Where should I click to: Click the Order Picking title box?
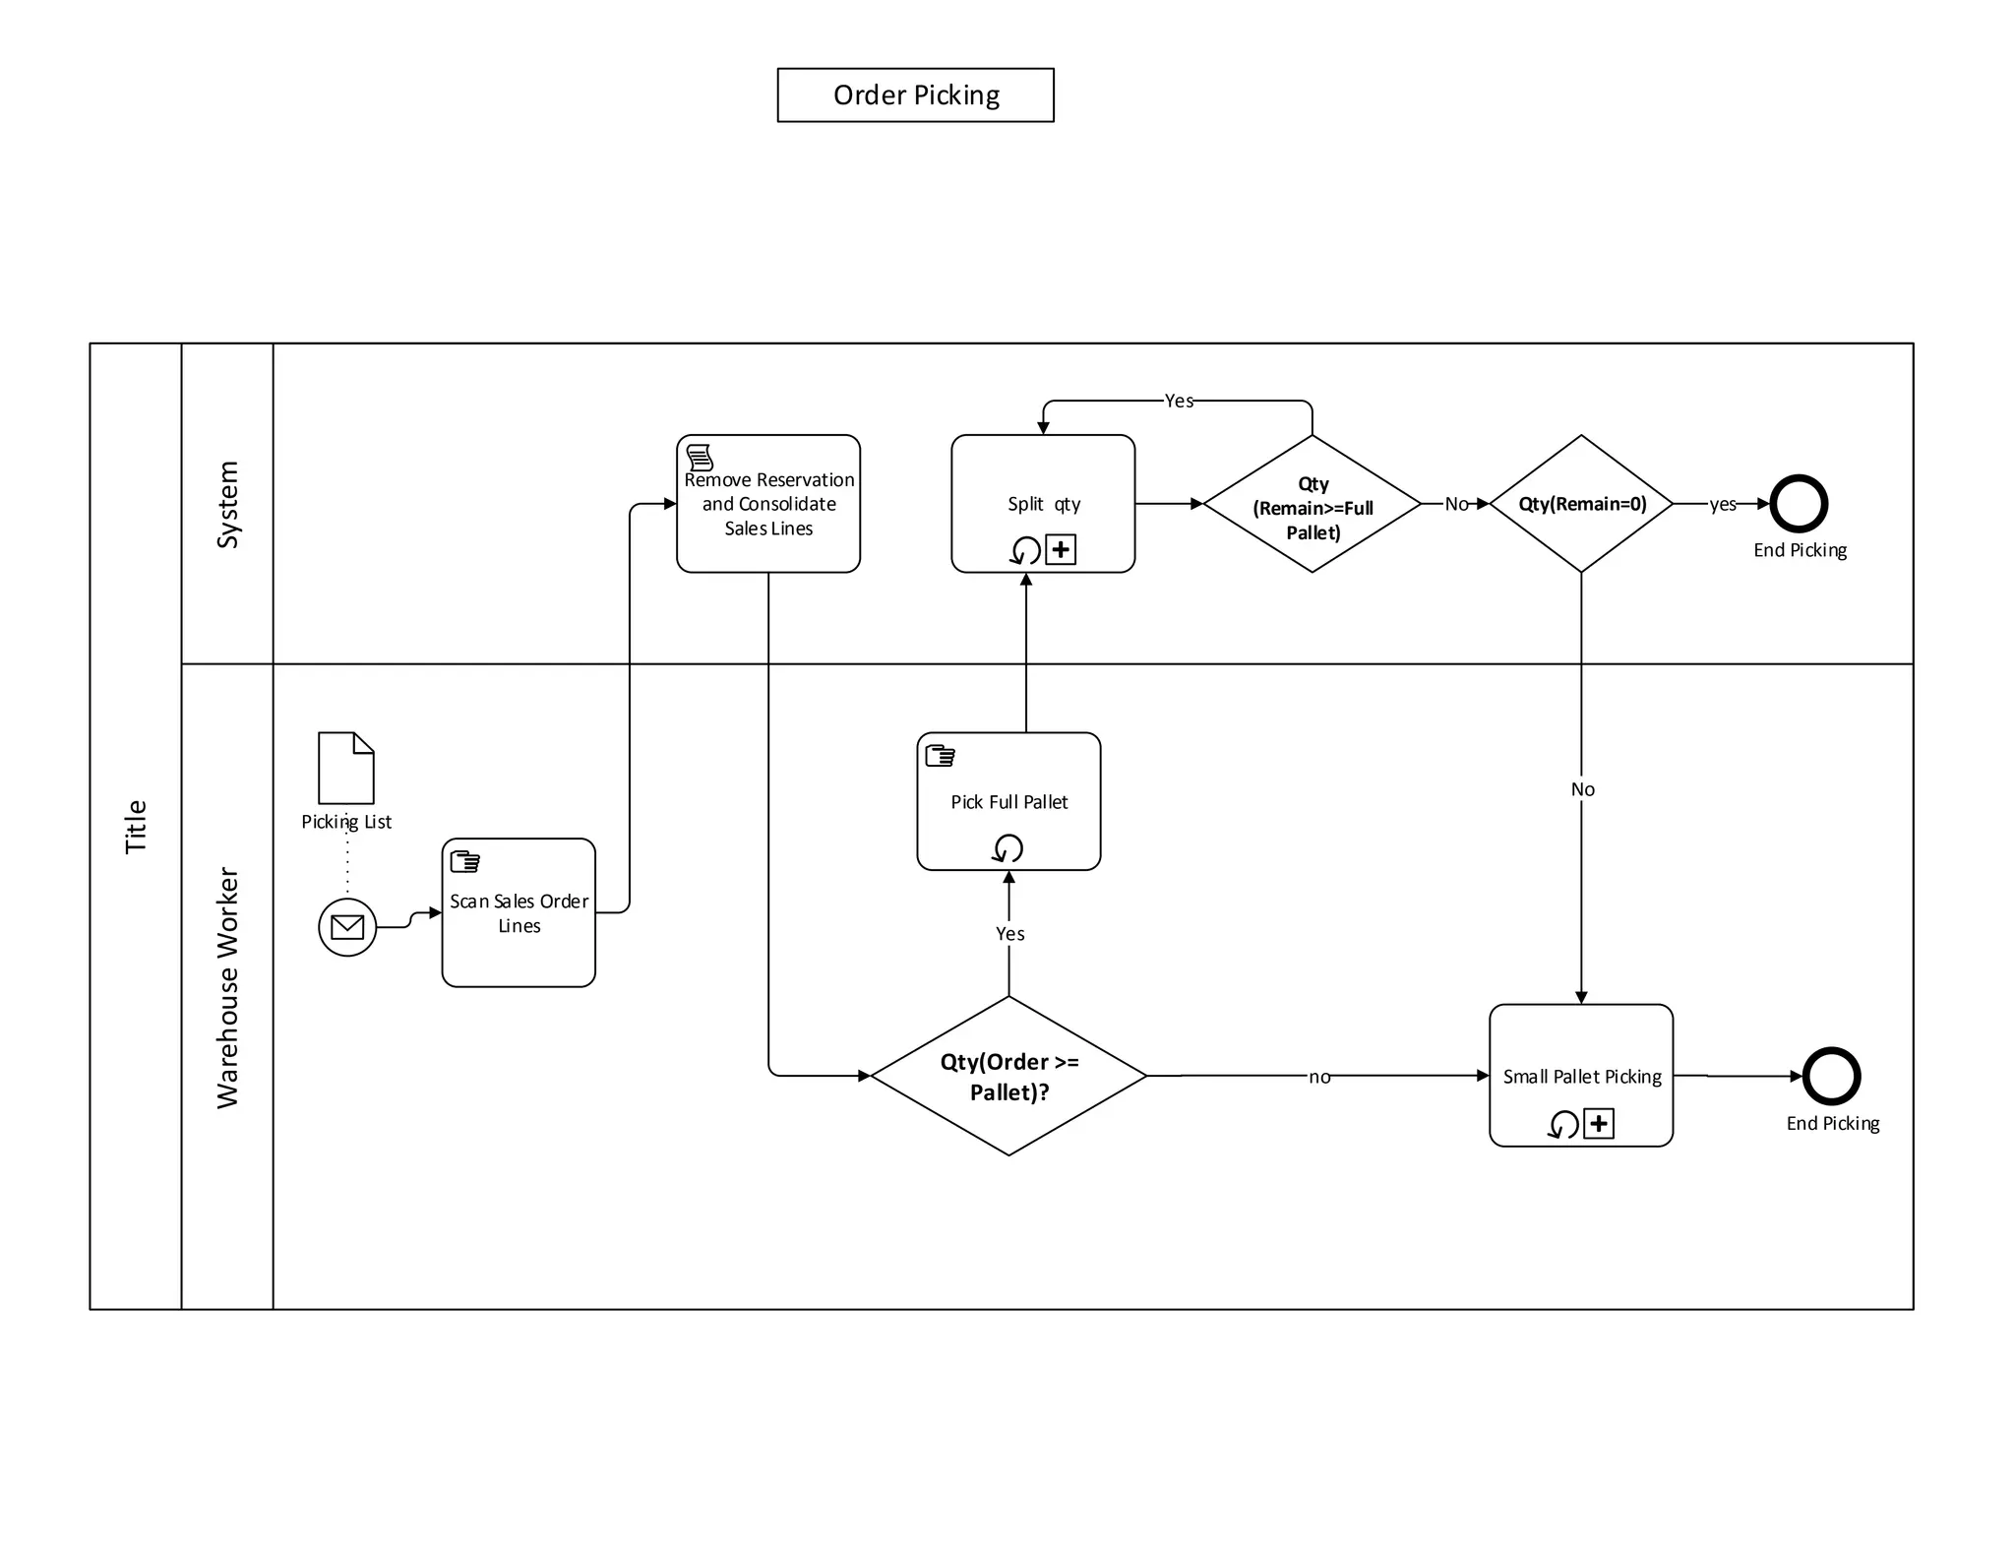click(x=915, y=95)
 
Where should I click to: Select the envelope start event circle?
click(x=347, y=926)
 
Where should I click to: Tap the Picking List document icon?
click(x=346, y=768)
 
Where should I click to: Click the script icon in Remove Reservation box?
click(x=700, y=457)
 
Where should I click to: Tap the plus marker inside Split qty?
click(x=1061, y=549)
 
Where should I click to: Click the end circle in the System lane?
click(x=1799, y=504)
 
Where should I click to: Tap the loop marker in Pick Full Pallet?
click(x=1008, y=848)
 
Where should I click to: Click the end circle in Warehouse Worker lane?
click(x=1831, y=1076)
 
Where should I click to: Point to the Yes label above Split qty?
click(x=1179, y=401)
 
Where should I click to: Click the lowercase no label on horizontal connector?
click(x=1319, y=1077)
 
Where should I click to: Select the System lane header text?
click(x=227, y=504)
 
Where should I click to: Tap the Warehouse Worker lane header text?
click(x=227, y=987)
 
